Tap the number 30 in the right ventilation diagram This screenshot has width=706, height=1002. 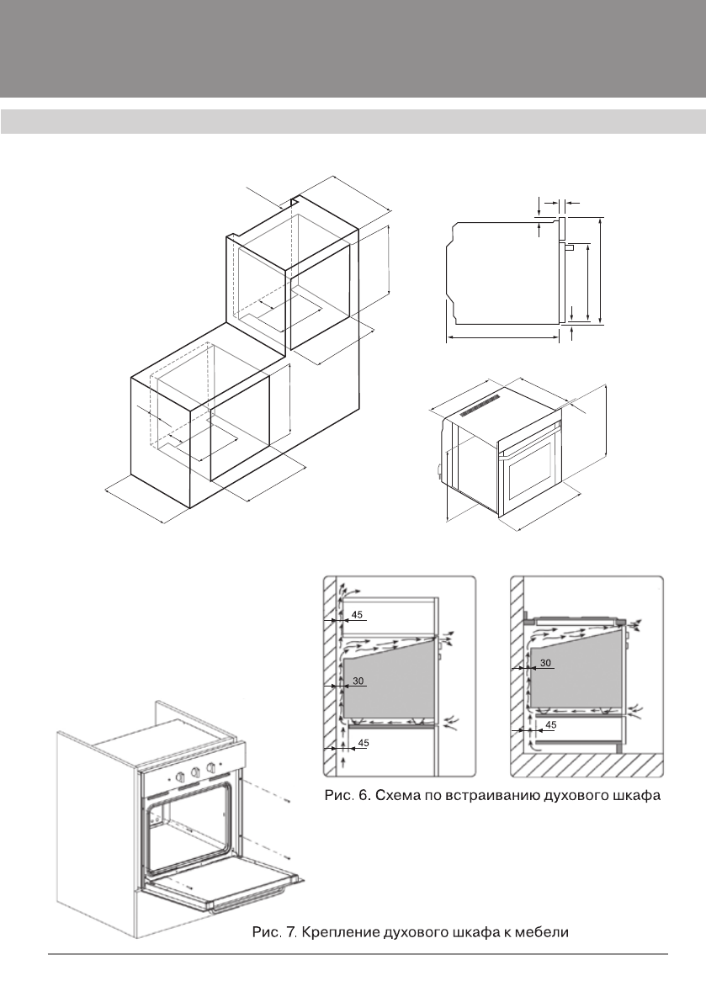click(545, 663)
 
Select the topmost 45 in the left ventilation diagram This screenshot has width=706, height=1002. click(358, 616)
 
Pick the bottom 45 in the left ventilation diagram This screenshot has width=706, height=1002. click(363, 742)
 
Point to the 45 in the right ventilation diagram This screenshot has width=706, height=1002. click(551, 724)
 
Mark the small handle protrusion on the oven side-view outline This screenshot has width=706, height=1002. click(569, 247)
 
